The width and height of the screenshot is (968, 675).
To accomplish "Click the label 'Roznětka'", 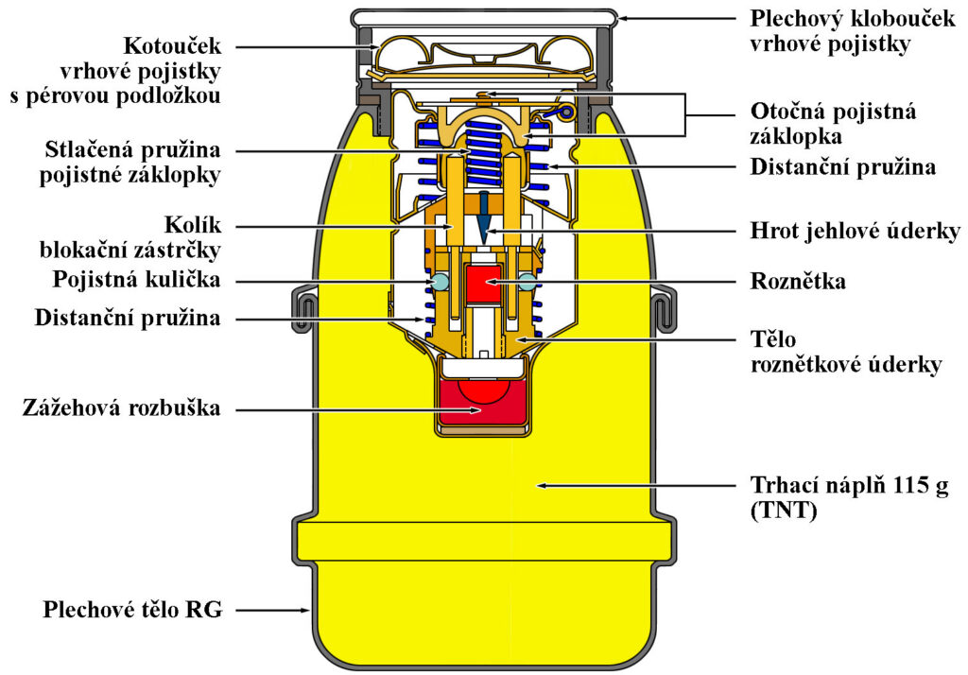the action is pyautogui.click(x=798, y=282).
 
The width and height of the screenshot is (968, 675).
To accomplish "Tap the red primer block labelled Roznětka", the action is pyautogui.click(x=484, y=284).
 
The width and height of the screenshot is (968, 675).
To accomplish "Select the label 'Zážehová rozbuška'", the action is pyautogui.click(x=122, y=408).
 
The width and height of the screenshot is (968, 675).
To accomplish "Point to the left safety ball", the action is pyautogui.click(x=441, y=283).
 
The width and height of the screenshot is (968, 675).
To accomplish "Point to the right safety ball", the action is pyautogui.click(x=527, y=283).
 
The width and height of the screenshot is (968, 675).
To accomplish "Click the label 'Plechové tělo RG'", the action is pyautogui.click(x=132, y=610).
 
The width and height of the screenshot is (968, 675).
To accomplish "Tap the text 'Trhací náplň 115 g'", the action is pyautogui.click(x=849, y=485).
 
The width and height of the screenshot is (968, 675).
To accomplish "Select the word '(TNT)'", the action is pyautogui.click(x=784, y=511).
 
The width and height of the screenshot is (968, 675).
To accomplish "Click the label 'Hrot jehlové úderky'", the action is pyautogui.click(x=855, y=231).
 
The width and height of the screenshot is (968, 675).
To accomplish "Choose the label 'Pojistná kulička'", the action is pyautogui.click(x=136, y=279).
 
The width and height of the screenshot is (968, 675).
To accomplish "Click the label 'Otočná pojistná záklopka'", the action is pyautogui.click(x=833, y=124).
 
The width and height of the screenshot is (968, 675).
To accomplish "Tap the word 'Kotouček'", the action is pyautogui.click(x=172, y=45).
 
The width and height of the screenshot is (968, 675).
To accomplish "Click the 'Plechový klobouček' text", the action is pyautogui.click(x=853, y=19).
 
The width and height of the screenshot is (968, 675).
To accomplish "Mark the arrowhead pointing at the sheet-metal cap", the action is pyautogui.click(x=622, y=18).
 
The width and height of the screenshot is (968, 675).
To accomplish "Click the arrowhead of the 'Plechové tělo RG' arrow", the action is pyautogui.click(x=305, y=610).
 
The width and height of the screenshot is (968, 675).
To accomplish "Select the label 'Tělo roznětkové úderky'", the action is pyautogui.click(x=846, y=352).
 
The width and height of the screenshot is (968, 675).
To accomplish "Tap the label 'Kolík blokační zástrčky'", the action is pyautogui.click(x=130, y=238).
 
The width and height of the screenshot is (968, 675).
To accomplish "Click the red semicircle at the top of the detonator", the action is pyautogui.click(x=483, y=389).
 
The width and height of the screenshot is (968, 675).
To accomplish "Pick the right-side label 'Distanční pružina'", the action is pyautogui.click(x=842, y=166).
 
